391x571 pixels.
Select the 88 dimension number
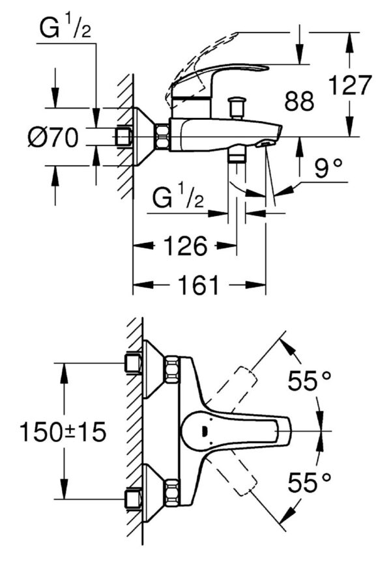[x=299, y=101]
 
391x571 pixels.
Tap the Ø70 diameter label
[x=53, y=137]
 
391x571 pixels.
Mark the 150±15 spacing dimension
[x=63, y=432]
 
